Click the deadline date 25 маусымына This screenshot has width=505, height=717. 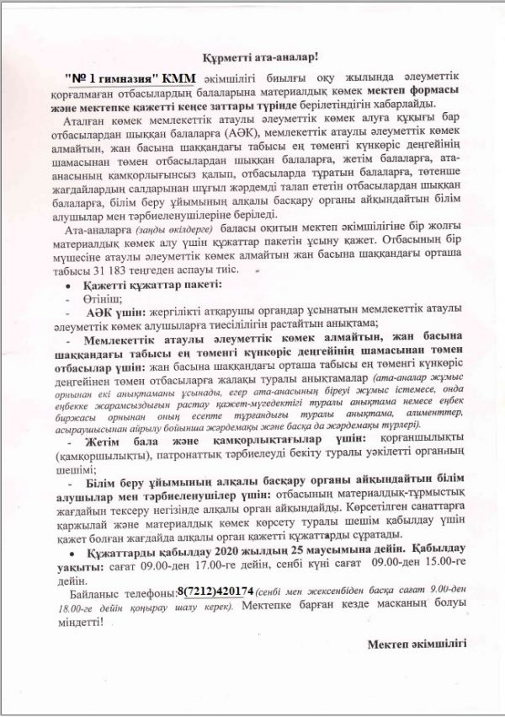pos(288,553)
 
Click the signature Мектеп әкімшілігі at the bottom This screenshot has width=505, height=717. pos(417,644)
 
